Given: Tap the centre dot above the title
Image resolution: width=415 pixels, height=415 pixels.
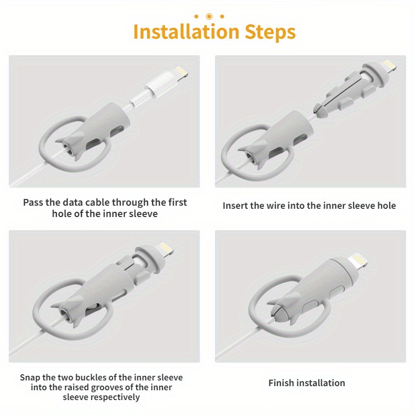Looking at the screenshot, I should click(x=209, y=16).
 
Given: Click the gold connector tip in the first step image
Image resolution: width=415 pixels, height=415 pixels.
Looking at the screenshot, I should click(x=180, y=71).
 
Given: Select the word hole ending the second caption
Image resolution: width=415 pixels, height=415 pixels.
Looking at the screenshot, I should click(x=386, y=206).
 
